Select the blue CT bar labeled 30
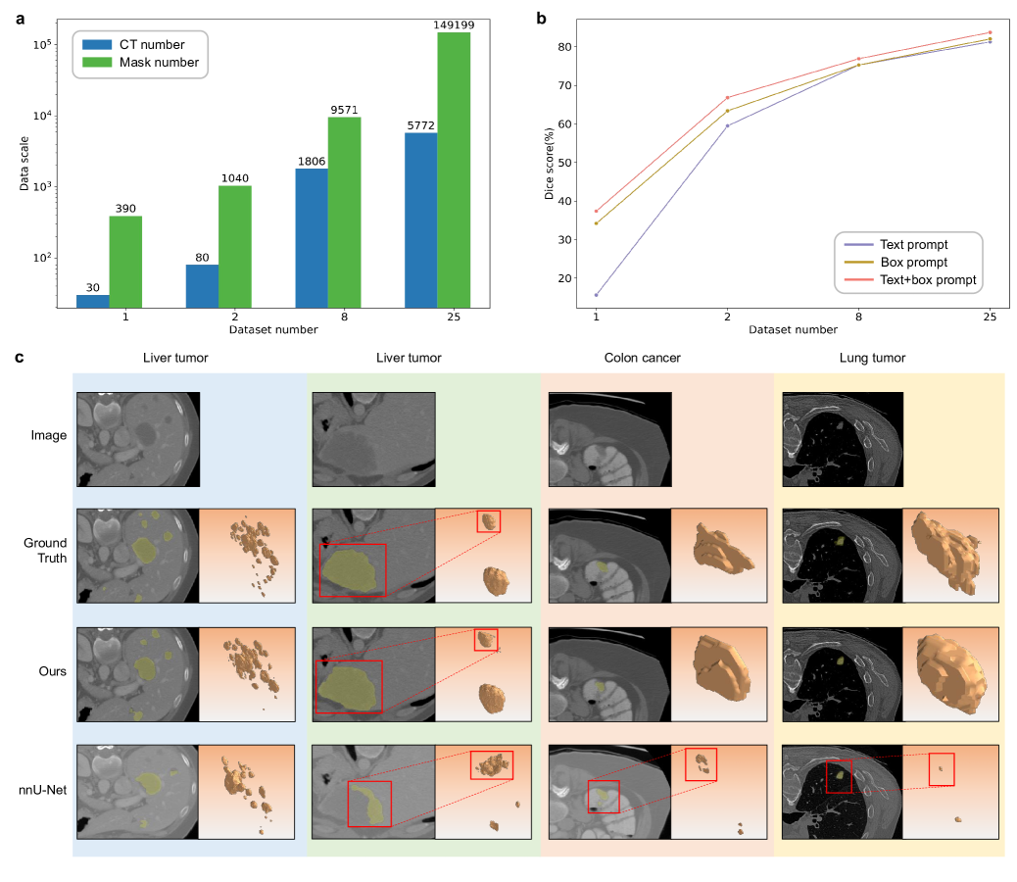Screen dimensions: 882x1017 pos(93,301)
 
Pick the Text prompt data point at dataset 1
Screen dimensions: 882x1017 pos(596,295)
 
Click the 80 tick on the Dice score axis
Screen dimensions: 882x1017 pos(565,47)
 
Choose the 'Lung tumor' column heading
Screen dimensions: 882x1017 pos(872,358)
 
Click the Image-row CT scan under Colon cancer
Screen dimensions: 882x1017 pos(609,439)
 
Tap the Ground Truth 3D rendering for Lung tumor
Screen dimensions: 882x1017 pos(949,555)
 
